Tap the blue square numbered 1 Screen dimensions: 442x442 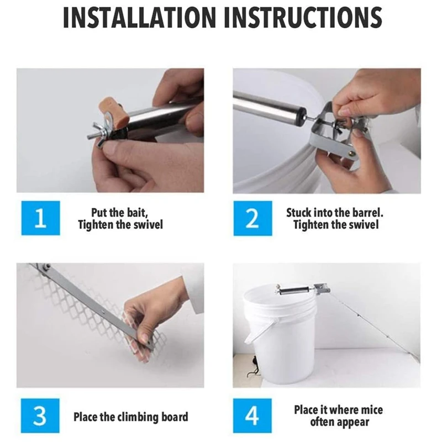tap(40, 218)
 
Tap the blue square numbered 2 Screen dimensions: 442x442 tap(252, 218)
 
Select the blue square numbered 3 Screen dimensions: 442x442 tap(40, 415)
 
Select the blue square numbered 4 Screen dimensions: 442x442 tap(252, 415)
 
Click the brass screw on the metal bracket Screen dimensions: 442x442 tap(352, 154)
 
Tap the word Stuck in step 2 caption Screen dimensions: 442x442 tap(298, 213)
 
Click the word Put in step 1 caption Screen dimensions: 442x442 tap(98, 213)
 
